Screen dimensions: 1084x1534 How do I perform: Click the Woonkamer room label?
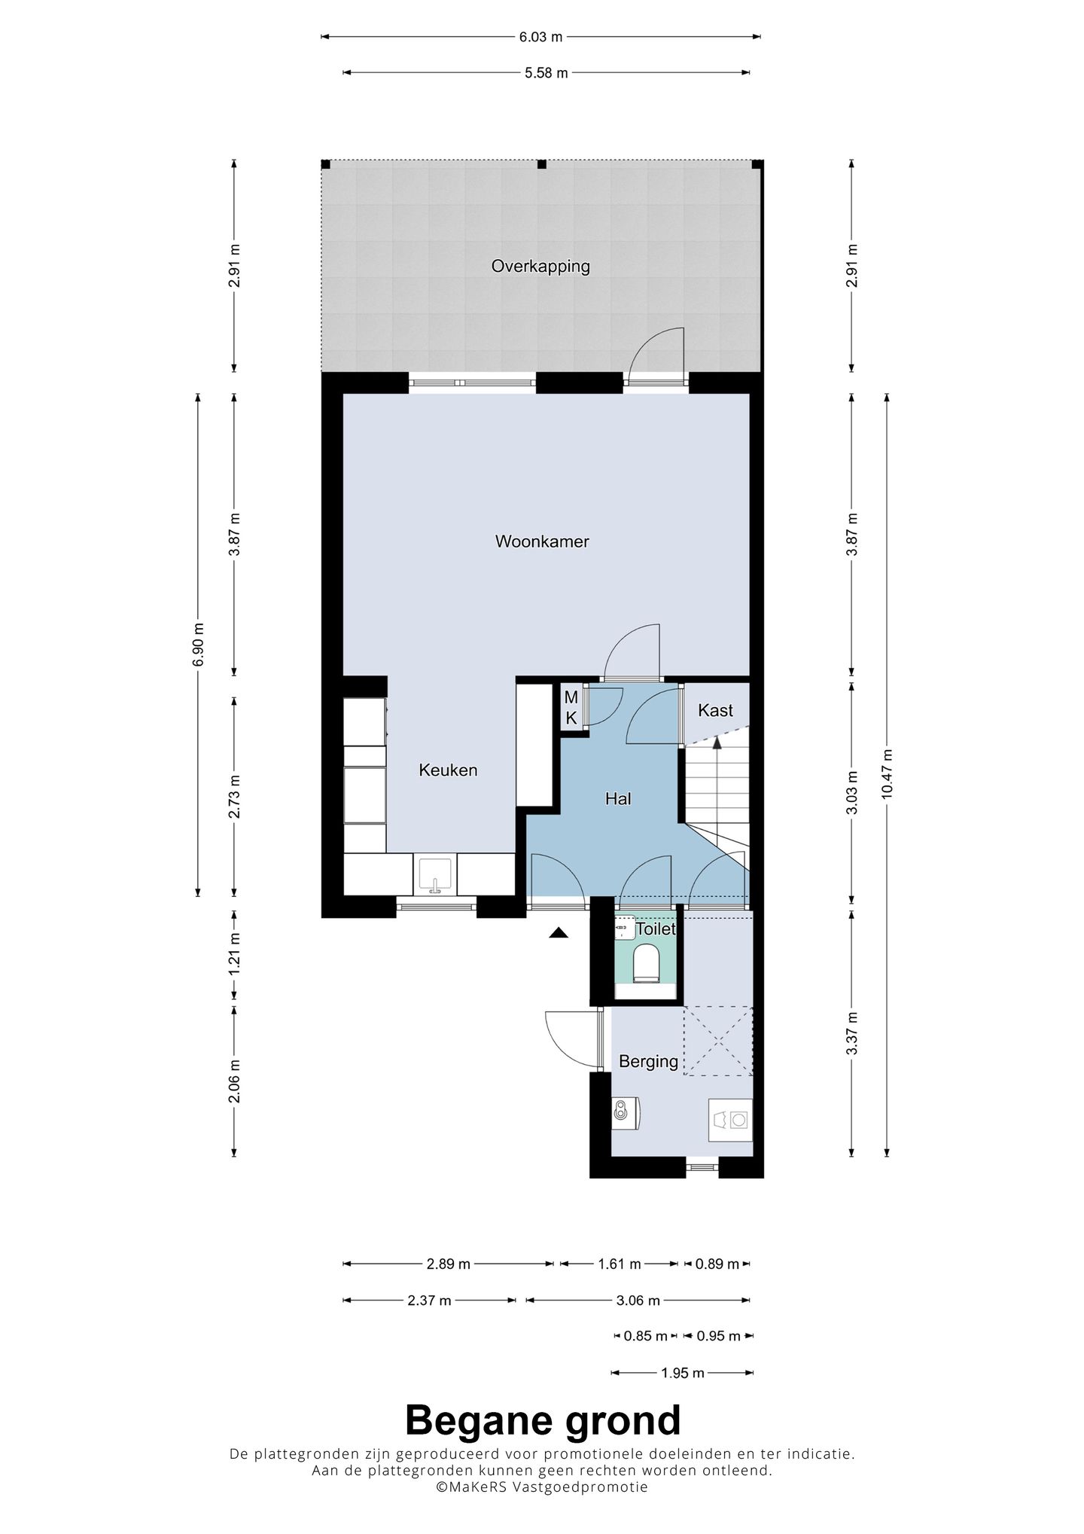[542, 541]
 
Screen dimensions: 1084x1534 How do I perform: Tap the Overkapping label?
[540, 267]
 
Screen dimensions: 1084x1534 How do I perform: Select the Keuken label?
[448, 770]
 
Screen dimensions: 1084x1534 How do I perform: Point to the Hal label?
[618, 799]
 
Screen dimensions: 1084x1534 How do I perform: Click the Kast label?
[715, 710]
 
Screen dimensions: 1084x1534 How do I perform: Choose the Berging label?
[648, 1062]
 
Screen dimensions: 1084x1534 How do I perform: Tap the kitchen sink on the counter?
[434, 874]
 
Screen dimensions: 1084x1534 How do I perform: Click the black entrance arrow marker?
[558, 933]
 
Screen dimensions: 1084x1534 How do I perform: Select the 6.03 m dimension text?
[541, 36]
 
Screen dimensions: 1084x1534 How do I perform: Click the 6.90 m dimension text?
[198, 645]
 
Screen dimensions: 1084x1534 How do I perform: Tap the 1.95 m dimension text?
[683, 1373]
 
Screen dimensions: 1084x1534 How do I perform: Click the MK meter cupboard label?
[571, 708]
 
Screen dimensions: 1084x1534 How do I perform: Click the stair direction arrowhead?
[717, 741]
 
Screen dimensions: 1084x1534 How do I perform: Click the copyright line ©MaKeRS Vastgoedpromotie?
[542, 1487]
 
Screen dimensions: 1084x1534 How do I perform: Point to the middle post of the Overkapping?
[540, 164]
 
